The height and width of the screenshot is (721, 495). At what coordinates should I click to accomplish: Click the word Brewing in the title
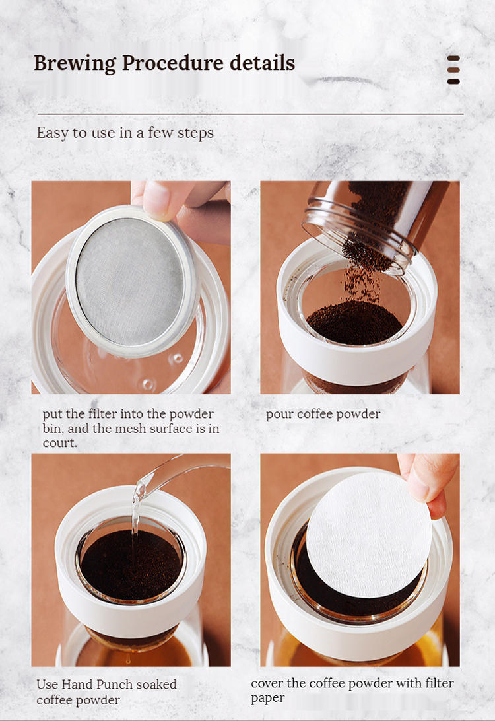75,63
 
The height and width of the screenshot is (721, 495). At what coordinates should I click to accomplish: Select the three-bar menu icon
453,70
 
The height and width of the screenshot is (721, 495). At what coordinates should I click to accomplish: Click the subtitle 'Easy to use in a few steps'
125,133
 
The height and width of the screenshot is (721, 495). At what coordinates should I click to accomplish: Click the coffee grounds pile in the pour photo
354,322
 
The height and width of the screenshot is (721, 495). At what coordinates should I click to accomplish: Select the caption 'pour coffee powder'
323,414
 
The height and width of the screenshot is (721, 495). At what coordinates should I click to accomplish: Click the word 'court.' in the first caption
60,443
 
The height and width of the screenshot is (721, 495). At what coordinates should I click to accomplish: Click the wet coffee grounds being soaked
131,565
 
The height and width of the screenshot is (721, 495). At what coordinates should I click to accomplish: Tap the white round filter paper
369,534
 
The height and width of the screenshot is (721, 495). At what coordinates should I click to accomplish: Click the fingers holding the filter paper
428,483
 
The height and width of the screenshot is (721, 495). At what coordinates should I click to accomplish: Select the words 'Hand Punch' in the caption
96,684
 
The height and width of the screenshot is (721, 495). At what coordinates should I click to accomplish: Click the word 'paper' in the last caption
268,698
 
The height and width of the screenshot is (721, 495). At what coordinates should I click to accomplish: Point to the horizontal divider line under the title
251,114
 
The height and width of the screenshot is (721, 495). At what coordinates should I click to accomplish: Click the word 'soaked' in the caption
156,684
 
